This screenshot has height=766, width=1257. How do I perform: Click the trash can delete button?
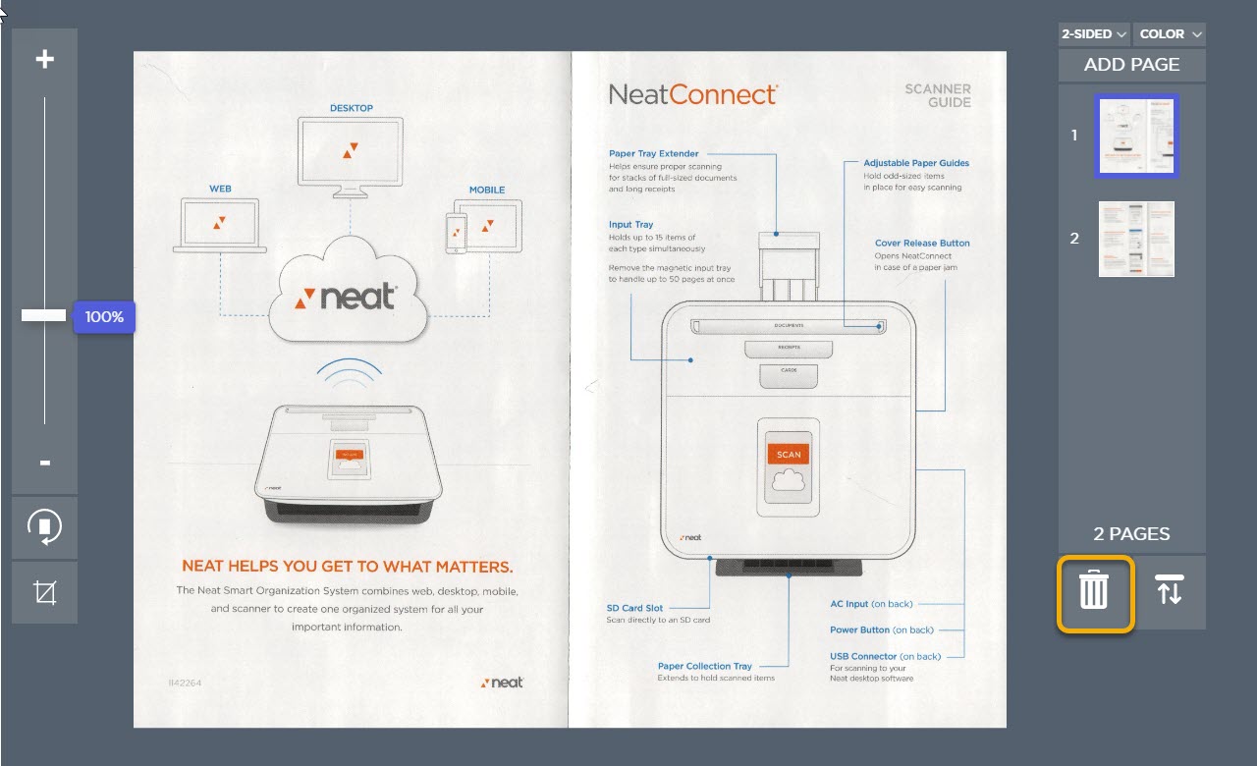tap(1094, 592)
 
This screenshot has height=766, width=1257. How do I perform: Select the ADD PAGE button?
tap(1131, 65)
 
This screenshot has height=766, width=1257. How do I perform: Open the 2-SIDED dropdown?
tap(1094, 34)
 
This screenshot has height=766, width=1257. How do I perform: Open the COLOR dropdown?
tap(1170, 34)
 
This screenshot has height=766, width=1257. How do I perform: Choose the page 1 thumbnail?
tap(1136, 136)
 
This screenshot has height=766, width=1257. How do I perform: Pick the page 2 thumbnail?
tap(1136, 239)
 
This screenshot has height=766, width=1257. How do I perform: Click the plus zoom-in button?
tap(44, 60)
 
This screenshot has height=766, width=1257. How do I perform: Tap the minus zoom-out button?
tap(44, 463)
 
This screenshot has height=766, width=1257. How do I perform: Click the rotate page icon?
tap(44, 527)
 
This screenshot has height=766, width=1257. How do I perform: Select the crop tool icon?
tap(44, 592)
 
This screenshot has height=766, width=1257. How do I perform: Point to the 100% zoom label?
tap(104, 317)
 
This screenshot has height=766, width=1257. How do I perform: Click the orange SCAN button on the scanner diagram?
tap(789, 455)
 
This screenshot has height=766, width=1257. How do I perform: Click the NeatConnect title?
tap(692, 94)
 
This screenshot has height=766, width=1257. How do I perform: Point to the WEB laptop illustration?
tap(220, 224)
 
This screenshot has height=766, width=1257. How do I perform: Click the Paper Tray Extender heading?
tap(653, 154)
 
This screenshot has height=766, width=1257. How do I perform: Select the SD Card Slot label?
tap(634, 608)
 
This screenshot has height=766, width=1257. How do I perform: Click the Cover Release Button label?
tap(922, 243)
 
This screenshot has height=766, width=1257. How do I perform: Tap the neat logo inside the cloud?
tap(348, 297)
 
